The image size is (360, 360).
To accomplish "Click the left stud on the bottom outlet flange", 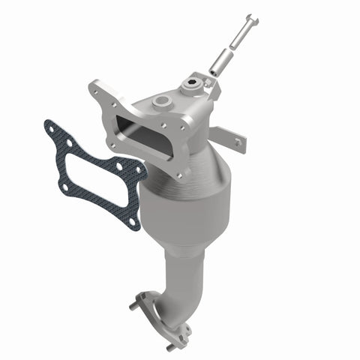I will click(x=136, y=306).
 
